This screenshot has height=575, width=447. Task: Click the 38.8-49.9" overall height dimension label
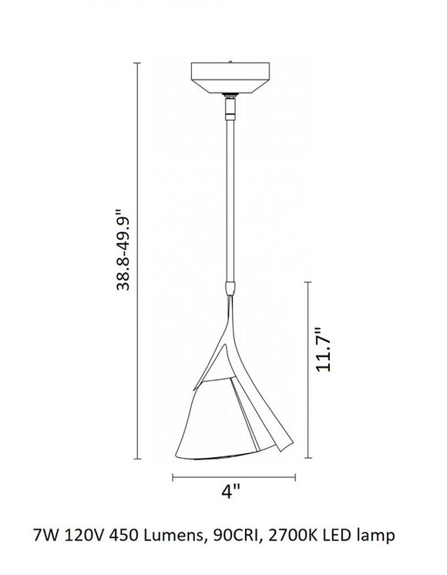click(123, 250)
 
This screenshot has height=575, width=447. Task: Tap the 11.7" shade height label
click(324, 349)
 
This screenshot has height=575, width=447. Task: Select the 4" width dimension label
click(230, 491)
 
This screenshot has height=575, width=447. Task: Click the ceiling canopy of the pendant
click(230, 77)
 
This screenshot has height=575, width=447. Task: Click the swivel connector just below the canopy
click(230, 106)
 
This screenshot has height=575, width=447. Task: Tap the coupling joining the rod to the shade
click(230, 288)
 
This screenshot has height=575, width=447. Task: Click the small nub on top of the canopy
click(230, 62)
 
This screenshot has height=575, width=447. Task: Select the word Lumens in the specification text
click(173, 536)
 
